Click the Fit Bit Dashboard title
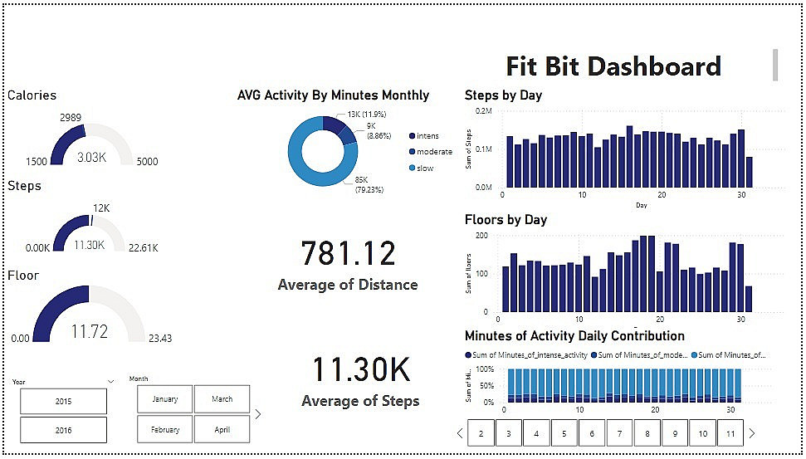pos(613,66)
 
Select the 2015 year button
pos(64,402)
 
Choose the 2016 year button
pos(64,430)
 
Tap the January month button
pos(165,399)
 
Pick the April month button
pos(222,430)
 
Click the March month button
pos(222,399)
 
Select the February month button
pos(165,430)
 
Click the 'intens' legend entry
pos(427,136)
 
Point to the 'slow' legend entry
pos(424,168)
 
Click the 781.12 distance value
pos(348,253)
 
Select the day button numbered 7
pos(619,433)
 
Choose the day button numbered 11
pos(730,433)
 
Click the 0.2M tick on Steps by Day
pos(483,110)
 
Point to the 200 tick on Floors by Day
pos(482,236)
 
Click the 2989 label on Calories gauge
pos(71,118)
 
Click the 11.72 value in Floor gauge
pos(89,332)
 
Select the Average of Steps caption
pos(360,402)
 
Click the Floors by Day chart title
pos(506,220)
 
